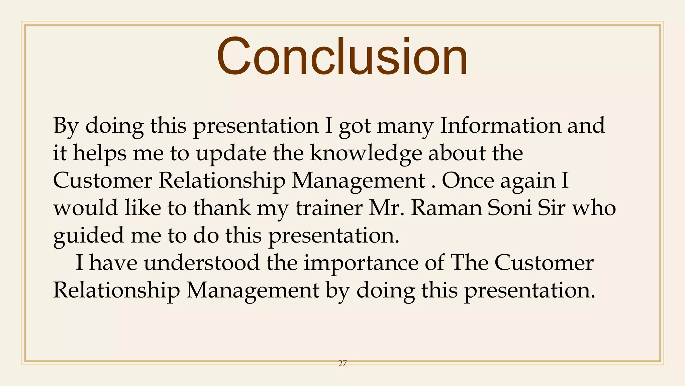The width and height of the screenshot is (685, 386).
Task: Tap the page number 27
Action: tap(342, 363)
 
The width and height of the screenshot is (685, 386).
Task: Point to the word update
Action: tap(231, 153)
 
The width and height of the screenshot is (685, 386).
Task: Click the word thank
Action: tap(222, 208)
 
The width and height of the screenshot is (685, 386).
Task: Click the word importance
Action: tap(361, 263)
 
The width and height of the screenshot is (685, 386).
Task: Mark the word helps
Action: tap(100, 153)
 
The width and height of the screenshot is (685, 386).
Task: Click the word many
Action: tap(405, 126)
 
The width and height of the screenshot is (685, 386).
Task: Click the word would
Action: tap(86, 208)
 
